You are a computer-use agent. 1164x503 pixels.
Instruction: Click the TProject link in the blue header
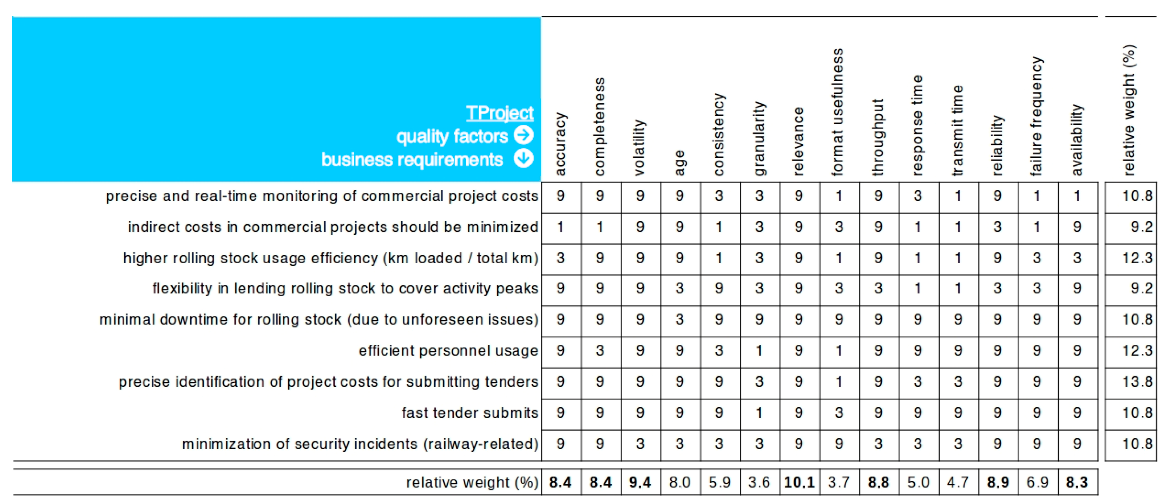point(499,113)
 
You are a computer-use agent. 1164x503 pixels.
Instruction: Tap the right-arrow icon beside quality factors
point(524,135)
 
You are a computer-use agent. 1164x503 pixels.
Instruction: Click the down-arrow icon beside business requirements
point(524,159)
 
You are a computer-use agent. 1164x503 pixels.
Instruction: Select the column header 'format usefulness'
point(837,112)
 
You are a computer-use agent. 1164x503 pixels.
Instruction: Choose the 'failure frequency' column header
point(1036,116)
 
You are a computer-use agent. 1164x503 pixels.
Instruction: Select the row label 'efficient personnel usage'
point(448,351)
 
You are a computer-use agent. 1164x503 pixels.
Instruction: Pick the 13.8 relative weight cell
point(1137,382)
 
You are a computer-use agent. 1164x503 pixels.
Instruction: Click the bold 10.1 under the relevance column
point(799,482)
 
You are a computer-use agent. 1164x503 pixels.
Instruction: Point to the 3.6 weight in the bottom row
point(759,482)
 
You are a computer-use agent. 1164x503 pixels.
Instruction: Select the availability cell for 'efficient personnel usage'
point(1077,351)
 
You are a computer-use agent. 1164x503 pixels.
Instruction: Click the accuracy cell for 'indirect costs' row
point(560,227)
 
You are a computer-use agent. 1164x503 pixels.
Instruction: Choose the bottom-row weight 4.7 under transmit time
point(958,482)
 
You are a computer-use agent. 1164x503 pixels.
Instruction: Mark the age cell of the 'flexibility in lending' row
point(679,289)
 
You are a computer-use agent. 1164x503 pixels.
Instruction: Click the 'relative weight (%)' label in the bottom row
point(472,482)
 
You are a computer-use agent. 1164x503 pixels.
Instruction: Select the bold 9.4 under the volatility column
point(640,482)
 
